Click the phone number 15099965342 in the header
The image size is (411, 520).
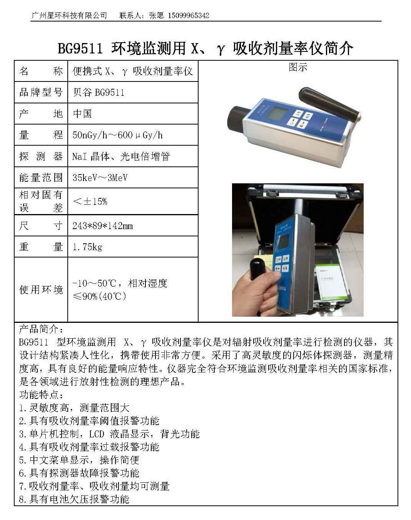(x=189, y=15)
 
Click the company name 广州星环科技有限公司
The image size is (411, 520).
(x=68, y=15)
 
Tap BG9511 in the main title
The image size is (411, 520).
(x=80, y=48)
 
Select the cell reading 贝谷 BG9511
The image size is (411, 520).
(x=99, y=92)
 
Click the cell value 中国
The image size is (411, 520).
(x=82, y=114)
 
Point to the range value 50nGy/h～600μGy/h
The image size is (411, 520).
(x=117, y=135)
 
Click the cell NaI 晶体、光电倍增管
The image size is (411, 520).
(x=121, y=156)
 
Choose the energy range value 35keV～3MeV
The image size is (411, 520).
(x=100, y=178)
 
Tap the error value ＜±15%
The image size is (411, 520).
(x=90, y=201)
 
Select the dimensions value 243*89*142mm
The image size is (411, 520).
(x=102, y=226)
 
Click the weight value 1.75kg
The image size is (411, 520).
(x=87, y=247)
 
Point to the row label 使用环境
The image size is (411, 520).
(x=41, y=289)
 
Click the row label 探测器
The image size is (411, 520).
(x=41, y=156)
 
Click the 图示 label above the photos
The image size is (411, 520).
(x=297, y=67)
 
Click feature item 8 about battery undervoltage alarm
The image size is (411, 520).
(x=74, y=499)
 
